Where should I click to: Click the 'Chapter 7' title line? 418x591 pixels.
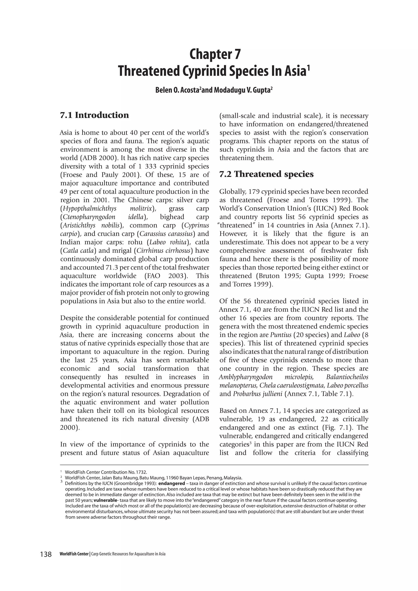pos(215,54)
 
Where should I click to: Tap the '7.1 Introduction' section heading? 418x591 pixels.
pos(94,115)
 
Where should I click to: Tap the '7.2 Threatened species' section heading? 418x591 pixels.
pos(266,174)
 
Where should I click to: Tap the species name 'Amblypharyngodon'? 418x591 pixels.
pos(246,377)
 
